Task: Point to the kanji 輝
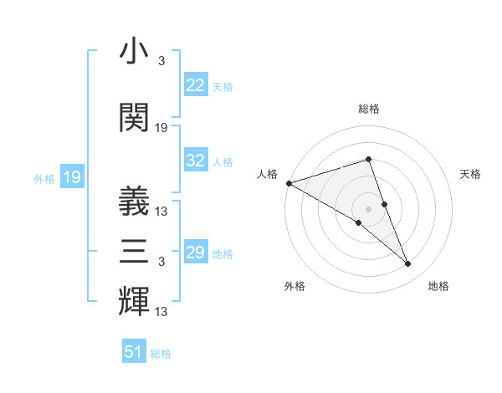point(134,301)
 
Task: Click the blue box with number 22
point(196,85)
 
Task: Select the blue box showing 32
point(196,161)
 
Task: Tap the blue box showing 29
point(196,253)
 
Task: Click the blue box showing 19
point(71,177)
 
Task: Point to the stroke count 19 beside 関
point(161,128)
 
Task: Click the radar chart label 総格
point(368,109)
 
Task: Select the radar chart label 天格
point(470,174)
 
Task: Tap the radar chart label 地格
point(438,287)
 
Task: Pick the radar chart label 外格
point(295,287)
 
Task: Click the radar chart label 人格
point(267,174)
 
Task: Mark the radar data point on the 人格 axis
point(289,182)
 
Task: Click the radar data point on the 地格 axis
point(408,264)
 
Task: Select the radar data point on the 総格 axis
point(368,159)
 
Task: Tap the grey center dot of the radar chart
point(368,208)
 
